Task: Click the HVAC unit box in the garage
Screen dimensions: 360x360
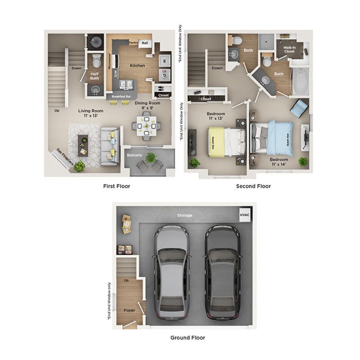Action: click(x=245, y=216)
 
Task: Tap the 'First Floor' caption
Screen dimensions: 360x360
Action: click(x=116, y=186)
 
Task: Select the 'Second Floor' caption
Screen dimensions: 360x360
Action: click(x=253, y=186)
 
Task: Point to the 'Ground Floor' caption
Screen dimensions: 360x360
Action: click(x=187, y=337)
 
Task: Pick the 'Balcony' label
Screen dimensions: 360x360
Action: click(x=134, y=155)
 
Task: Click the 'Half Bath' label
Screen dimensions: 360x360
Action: click(x=94, y=75)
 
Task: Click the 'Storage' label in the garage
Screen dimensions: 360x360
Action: click(x=184, y=216)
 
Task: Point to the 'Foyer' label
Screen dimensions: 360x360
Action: click(x=129, y=310)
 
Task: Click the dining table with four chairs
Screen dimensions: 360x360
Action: click(x=146, y=126)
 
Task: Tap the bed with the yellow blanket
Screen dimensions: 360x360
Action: click(x=223, y=142)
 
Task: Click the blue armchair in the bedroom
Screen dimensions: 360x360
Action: click(x=299, y=108)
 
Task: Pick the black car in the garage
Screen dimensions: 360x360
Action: click(x=222, y=272)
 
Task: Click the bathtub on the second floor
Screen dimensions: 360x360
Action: click(x=301, y=81)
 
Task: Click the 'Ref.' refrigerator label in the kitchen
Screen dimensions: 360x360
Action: click(x=145, y=44)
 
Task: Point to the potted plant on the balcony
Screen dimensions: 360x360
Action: click(x=151, y=157)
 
